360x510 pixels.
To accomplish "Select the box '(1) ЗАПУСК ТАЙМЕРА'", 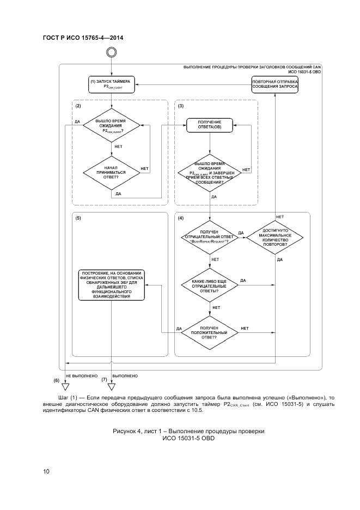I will pyautogui.click(x=111, y=84).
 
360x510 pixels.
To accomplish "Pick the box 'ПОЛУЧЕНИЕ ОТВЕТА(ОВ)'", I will pyautogui.click(x=210, y=125).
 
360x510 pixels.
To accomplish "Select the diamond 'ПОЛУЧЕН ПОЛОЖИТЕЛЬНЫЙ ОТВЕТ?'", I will pyautogui.click(x=210, y=332).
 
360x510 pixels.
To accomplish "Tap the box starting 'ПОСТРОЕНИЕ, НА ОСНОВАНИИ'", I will pyautogui.click(x=111, y=284).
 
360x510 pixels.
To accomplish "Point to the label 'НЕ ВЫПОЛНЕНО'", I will pyautogui.click(x=81, y=376).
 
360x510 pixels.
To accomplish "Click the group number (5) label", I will pyautogui.click(x=78, y=218).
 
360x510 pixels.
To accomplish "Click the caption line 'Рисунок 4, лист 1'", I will pyautogui.click(x=188, y=431).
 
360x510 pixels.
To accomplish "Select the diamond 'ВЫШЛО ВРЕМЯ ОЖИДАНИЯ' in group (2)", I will pyautogui.click(x=111, y=125).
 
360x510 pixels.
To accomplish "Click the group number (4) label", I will pyautogui.click(x=181, y=218).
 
